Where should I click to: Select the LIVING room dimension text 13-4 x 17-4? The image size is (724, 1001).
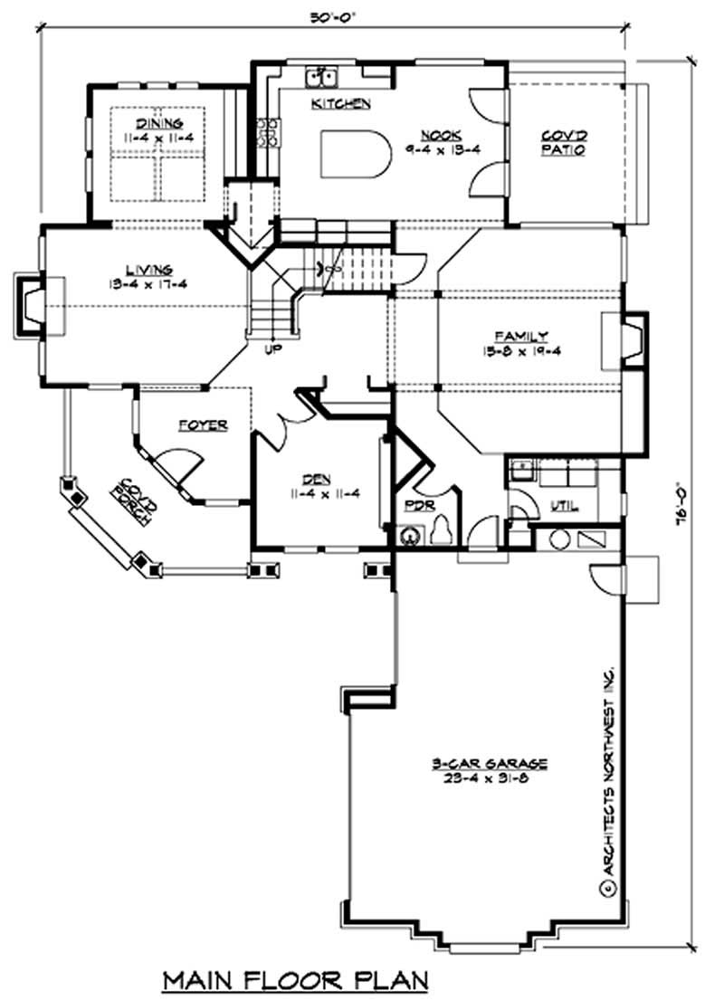pos(151,283)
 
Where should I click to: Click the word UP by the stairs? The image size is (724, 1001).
pos(270,348)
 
